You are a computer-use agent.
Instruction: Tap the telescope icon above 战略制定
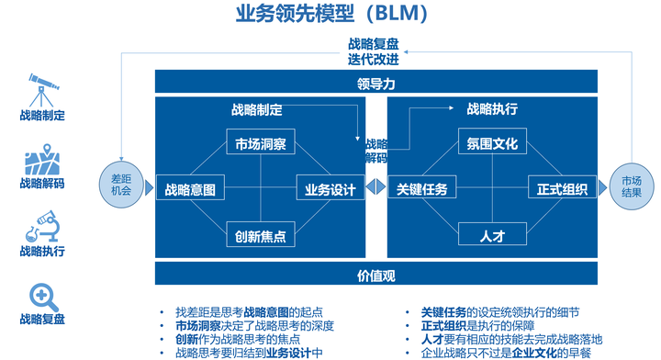pyautogui.click(x=42, y=89)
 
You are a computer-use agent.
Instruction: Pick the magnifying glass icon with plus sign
pyautogui.click(x=42, y=295)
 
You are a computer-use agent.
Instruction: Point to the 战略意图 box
pyautogui.click(x=189, y=190)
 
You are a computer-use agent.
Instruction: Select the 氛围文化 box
pyautogui.click(x=492, y=144)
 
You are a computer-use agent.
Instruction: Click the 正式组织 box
pyautogui.click(x=562, y=190)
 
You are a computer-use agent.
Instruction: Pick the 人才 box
pyautogui.click(x=492, y=236)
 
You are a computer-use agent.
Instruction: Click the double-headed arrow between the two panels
pyautogui.click(x=375, y=188)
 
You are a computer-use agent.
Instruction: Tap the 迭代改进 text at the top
pyautogui.click(x=374, y=60)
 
